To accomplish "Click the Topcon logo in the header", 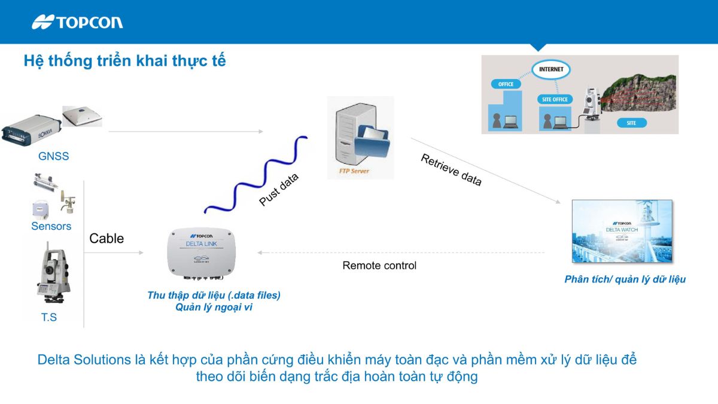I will [77, 22].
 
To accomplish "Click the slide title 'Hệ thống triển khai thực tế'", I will [124, 61].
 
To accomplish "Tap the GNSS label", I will [53, 156].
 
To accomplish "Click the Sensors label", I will [51, 226].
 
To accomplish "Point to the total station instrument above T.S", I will [51, 276].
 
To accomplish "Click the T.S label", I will [49, 317].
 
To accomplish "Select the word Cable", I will [107, 238].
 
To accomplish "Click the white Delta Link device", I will [201, 254].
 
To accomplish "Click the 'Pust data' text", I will [278, 190].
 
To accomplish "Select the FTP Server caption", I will [350, 171].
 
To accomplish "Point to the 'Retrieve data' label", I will [451, 170].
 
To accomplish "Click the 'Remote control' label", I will [379, 265].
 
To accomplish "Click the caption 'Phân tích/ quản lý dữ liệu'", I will [625, 280].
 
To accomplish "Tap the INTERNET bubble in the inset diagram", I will [550, 69].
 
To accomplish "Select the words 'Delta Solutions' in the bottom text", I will [84, 360].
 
